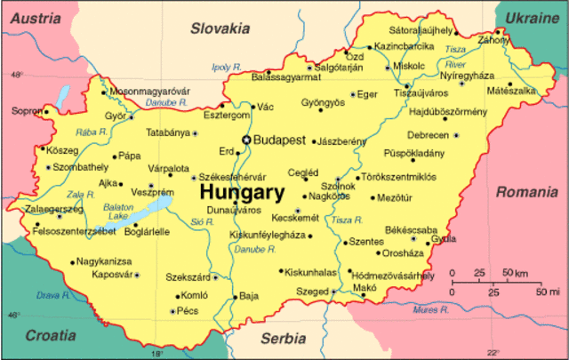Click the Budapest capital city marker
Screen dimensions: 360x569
[246, 140]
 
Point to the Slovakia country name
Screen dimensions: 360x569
[222, 28]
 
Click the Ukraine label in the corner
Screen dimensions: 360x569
[532, 18]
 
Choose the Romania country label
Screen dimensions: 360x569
[526, 192]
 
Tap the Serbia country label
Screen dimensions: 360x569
[283, 339]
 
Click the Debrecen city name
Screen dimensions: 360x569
[428, 135]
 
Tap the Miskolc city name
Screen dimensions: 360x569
[409, 66]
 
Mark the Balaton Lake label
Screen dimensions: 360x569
[118, 211]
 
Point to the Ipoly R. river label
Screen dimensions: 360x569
[227, 67]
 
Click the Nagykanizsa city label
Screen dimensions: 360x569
[104, 261]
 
